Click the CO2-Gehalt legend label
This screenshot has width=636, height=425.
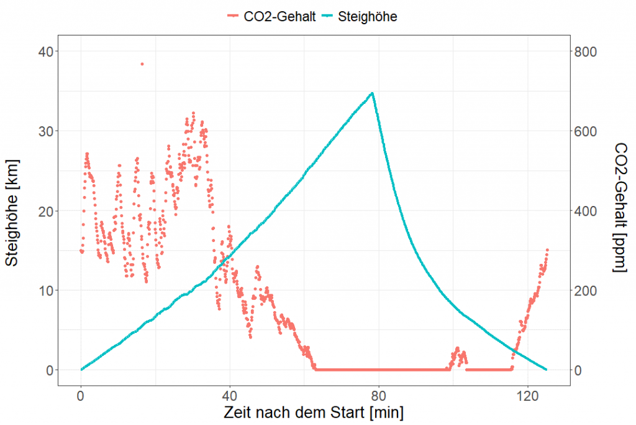(279, 17)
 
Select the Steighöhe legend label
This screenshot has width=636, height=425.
(367, 17)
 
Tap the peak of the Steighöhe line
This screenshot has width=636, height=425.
(372, 93)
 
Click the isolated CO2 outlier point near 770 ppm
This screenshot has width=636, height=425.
(142, 64)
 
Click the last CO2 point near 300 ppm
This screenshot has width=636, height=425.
(547, 250)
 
